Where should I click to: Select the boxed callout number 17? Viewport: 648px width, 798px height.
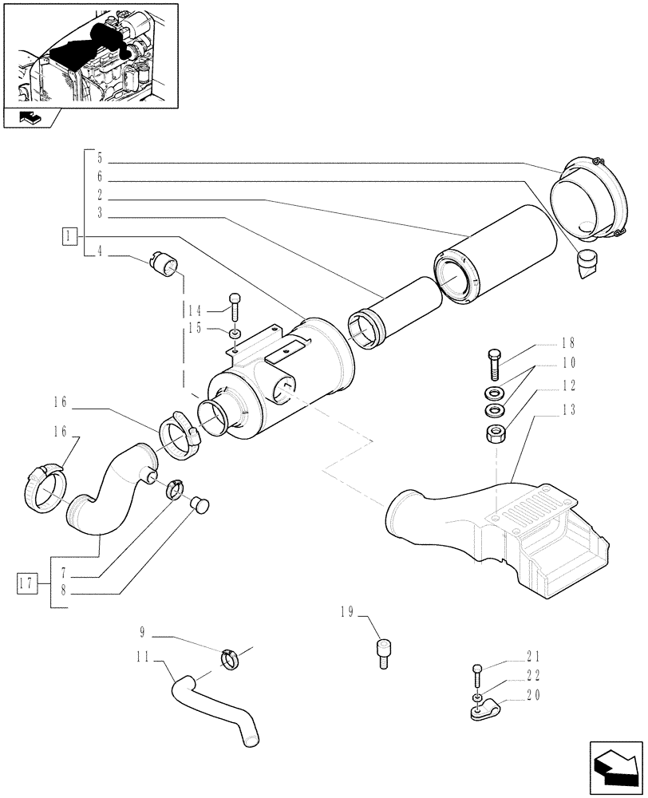click(x=28, y=581)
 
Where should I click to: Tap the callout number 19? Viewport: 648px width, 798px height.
click(x=346, y=614)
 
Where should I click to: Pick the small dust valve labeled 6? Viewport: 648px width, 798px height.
click(x=587, y=261)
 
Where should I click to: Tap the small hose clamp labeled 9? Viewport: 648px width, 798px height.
click(x=231, y=659)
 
